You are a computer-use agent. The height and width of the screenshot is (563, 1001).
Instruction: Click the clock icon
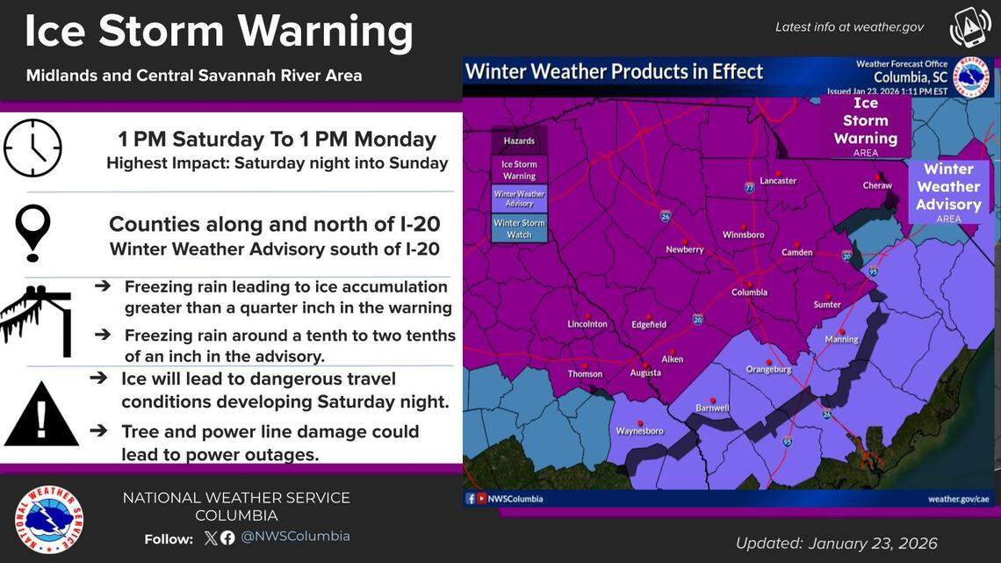pos(32,148)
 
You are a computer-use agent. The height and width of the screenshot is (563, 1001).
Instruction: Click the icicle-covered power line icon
pos(36,320)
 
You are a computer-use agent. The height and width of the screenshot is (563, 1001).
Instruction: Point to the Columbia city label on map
pos(751,292)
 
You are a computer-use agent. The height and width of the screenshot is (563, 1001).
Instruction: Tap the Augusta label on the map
pos(645,372)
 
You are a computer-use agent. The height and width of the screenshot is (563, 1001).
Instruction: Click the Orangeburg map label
pos(769,370)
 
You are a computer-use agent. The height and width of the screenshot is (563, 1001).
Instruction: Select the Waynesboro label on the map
pos(639,430)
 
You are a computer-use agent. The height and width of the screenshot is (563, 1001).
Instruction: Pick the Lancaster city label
pos(778,181)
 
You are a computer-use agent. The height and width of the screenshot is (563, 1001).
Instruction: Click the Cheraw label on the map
pos(876,185)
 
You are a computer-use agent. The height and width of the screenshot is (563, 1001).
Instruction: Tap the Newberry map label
pos(685,249)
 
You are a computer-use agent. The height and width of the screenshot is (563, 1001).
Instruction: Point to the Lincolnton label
pos(587,324)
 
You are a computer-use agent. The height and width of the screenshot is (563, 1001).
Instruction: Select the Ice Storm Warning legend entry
pos(519,170)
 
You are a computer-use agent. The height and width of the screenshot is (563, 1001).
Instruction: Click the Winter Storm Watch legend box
pos(519,228)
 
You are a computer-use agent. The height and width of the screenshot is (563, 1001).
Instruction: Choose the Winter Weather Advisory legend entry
pos(519,198)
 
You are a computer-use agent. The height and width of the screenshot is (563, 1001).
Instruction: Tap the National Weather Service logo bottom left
pos(49,519)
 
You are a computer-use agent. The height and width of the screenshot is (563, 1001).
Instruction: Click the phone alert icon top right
pos(969,27)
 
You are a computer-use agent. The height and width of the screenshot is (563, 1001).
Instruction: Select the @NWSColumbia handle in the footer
pos(295,537)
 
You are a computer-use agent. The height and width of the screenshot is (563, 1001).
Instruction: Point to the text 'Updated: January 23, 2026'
pos(836,543)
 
